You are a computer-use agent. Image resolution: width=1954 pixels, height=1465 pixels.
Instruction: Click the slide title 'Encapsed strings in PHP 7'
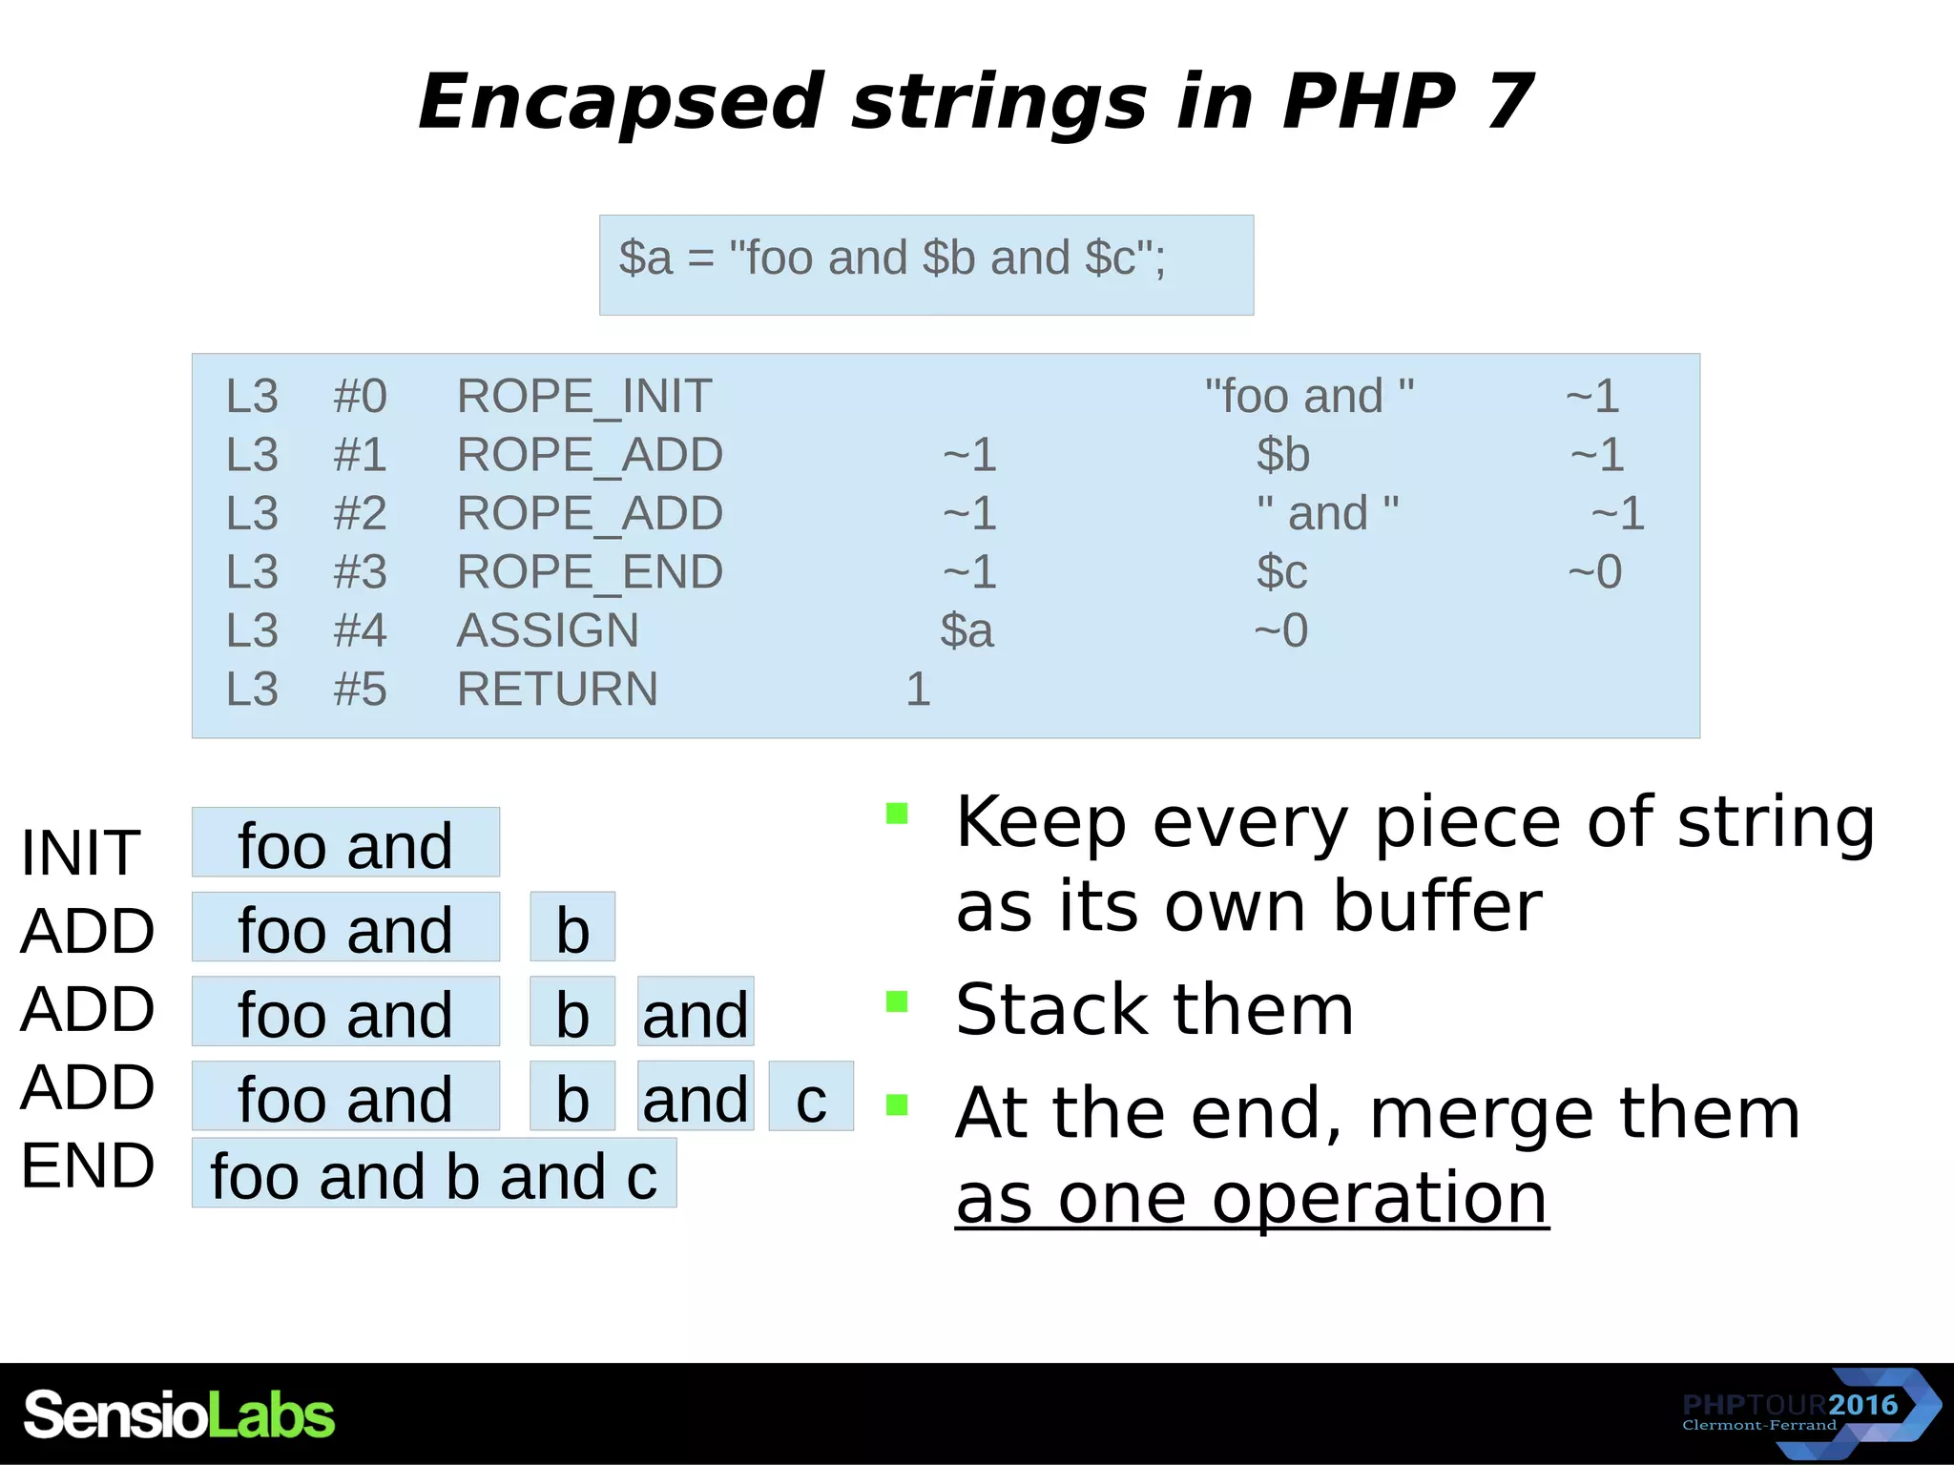point(975,102)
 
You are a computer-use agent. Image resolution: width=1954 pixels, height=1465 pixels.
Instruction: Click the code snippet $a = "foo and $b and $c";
point(892,258)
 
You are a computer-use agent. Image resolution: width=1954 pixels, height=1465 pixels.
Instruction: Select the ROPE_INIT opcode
point(584,396)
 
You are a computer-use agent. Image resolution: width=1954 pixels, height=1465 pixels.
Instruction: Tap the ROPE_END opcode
point(590,572)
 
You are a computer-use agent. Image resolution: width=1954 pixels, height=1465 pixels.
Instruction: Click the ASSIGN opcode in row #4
point(548,630)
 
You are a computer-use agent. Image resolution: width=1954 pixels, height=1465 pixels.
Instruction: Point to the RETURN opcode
point(557,690)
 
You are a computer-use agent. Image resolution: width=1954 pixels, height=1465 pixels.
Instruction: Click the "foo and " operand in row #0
point(1309,396)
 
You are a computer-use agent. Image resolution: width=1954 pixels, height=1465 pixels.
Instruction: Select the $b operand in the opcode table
point(1282,455)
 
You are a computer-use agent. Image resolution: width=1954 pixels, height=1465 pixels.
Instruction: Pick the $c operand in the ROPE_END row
point(1281,572)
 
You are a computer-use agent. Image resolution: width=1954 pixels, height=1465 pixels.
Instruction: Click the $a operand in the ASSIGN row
point(967,630)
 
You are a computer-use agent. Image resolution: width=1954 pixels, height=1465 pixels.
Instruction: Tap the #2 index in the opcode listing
point(360,513)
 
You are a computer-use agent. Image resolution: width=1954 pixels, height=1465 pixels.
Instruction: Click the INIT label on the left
point(80,852)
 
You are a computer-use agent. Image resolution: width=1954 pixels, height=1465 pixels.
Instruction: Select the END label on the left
point(87,1166)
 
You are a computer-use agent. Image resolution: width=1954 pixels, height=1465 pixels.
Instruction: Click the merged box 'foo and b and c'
point(434,1174)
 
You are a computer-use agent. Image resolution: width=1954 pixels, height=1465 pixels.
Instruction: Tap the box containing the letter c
point(811,1097)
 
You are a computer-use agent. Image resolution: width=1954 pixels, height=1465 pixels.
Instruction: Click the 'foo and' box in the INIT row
point(345,843)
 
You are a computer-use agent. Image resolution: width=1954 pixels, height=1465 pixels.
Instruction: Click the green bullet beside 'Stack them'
point(897,1001)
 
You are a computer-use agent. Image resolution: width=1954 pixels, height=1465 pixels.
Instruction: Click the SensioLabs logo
point(179,1414)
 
